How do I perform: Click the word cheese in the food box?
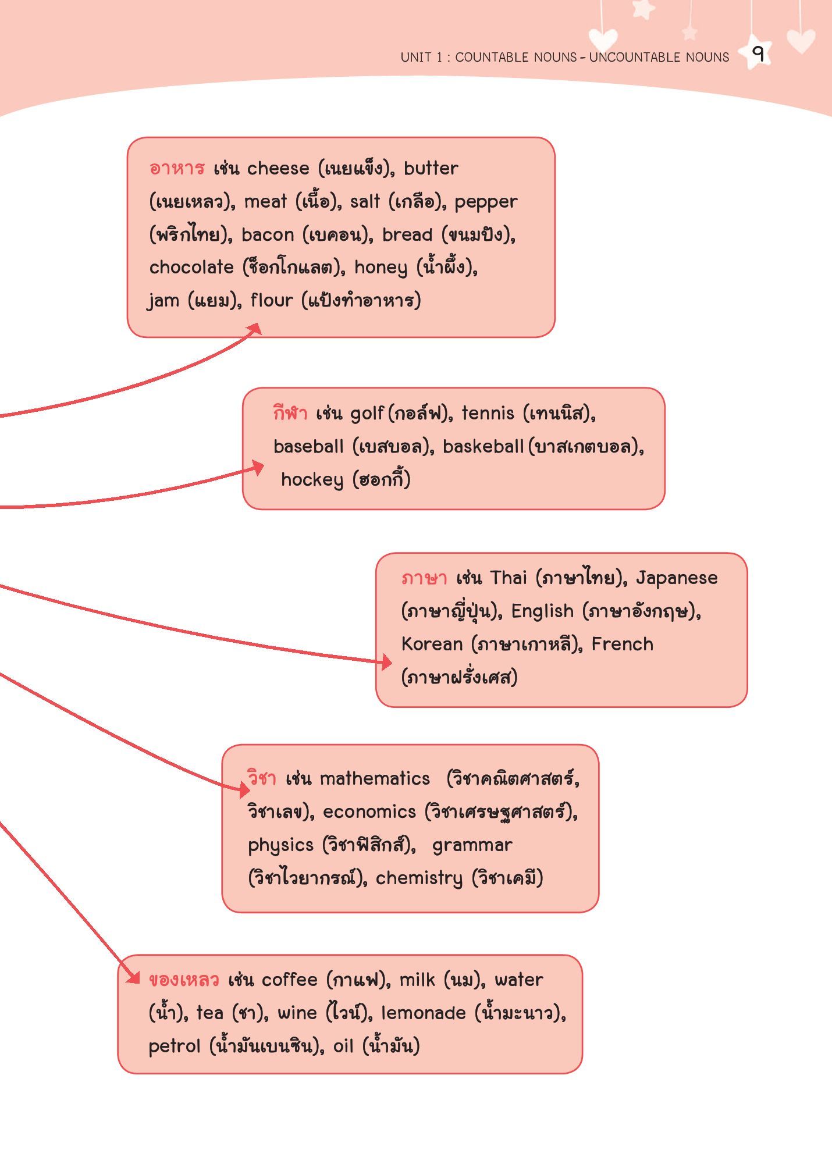tap(278, 168)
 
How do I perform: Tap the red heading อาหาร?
tap(177, 168)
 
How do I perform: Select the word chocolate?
tap(191, 267)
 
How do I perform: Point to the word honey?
tap(381, 268)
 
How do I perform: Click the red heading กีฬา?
tap(290, 412)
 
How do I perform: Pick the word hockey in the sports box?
tap(312, 480)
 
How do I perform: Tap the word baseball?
tap(308, 446)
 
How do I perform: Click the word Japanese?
tap(677, 578)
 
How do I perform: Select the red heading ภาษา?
tap(424, 578)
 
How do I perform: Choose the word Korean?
tap(432, 644)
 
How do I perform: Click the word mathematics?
tap(375, 778)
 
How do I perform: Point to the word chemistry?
tap(419, 878)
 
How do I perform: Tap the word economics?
tap(369, 811)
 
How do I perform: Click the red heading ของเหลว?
tap(184, 980)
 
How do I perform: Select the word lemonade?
tap(424, 1013)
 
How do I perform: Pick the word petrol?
tap(175, 1046)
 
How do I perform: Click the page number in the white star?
tap(758, 54)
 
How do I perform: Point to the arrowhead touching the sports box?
tap(258, 468)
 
